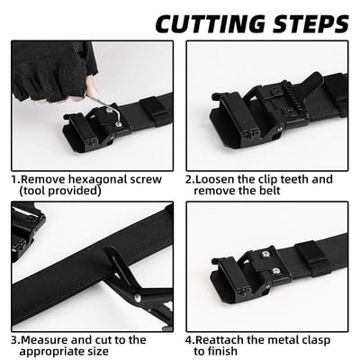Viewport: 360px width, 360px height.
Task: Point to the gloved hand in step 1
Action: (54, 67)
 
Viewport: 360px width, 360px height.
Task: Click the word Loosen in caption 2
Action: (219, 179)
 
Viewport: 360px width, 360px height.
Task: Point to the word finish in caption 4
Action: (225, 352)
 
